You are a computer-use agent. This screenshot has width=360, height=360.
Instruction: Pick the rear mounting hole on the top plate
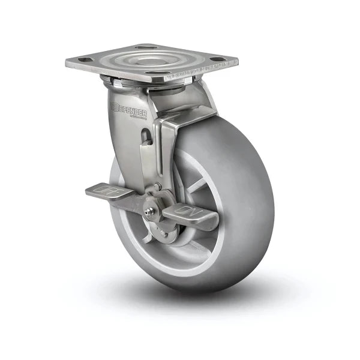(x=145, y=46)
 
